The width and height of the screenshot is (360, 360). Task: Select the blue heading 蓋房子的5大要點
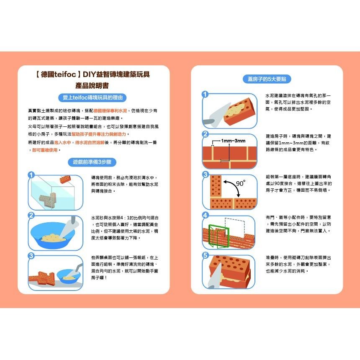click(267, 79)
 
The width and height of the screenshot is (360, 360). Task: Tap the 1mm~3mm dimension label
click(233, 141)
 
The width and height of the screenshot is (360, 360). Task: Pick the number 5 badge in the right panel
click(205, 255)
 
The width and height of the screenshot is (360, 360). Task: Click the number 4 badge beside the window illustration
click(205, 215)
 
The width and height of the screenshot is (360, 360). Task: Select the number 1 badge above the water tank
click(31, 175)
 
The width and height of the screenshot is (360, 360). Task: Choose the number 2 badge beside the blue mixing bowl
click(31, 215)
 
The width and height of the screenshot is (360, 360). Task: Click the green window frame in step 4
click(216, 237)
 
